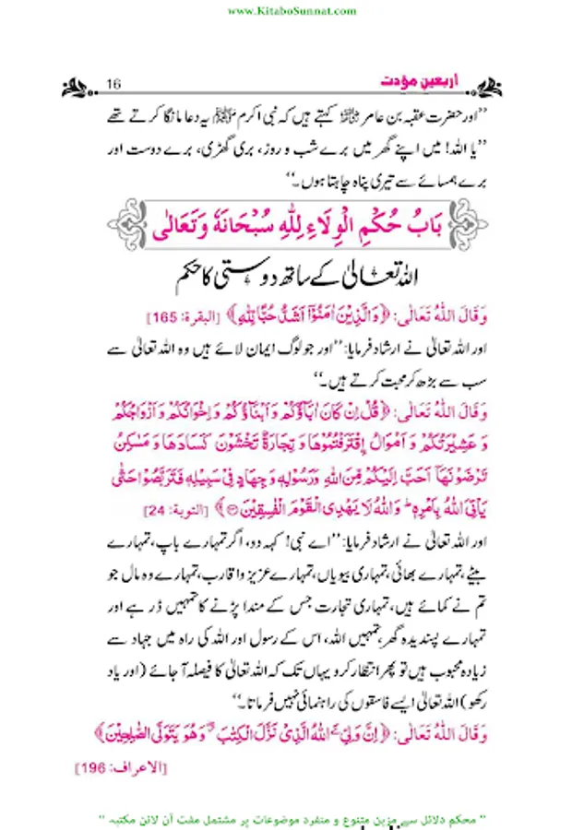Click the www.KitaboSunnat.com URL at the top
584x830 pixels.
point(291,11)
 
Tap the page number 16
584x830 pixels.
point(115,86)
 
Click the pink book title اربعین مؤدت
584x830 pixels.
point(413,85)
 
